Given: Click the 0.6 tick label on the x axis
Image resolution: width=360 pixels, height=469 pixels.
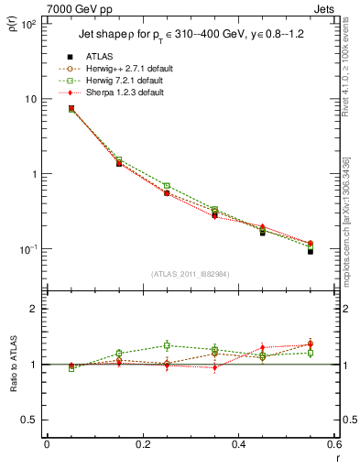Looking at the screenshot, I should [x=334, y=444].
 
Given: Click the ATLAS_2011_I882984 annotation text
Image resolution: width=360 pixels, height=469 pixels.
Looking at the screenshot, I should [x=191, y=273].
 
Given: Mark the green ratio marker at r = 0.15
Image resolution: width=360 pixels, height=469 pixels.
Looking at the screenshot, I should [x=119, y=353].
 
